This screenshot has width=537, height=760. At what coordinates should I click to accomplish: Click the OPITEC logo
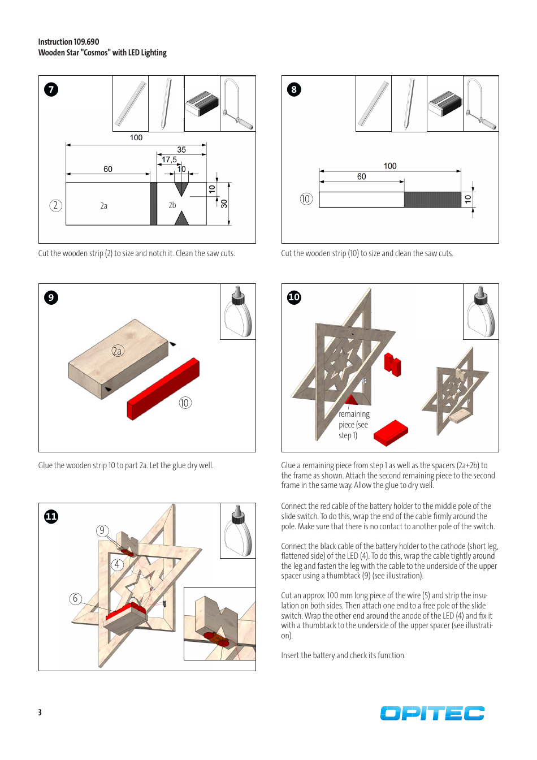coord(432,713)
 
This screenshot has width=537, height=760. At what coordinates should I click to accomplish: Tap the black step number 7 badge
coord(51,89)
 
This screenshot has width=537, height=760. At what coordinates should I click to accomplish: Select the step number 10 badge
coord(294,297)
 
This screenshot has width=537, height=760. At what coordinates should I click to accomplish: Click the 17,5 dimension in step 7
coord(169,160)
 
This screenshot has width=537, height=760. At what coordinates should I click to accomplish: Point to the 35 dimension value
coord(181,150)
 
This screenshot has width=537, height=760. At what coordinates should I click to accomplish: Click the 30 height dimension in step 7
coord(224,204)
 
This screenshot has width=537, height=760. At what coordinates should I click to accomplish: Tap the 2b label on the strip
coord(172,205)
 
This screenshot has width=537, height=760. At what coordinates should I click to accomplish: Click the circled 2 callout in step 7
coord(55,205)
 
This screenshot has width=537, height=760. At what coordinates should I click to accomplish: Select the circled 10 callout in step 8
coord(306,199)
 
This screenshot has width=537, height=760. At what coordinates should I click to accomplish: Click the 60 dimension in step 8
coord(361,176)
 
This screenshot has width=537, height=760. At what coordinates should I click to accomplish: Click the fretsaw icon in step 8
coord(480,103)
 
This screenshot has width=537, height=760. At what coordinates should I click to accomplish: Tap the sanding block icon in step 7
coord(202,103)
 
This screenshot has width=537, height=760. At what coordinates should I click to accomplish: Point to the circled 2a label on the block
coord(117,351)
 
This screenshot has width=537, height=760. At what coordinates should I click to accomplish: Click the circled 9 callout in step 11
coord(102,530)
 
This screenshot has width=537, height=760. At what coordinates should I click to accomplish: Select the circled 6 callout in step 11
coord(76,598)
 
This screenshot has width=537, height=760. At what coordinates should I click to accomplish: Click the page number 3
coord(40,712)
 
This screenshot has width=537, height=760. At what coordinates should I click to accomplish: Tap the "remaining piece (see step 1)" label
coord(354,425)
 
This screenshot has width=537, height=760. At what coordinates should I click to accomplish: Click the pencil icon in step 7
coord(166,103)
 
